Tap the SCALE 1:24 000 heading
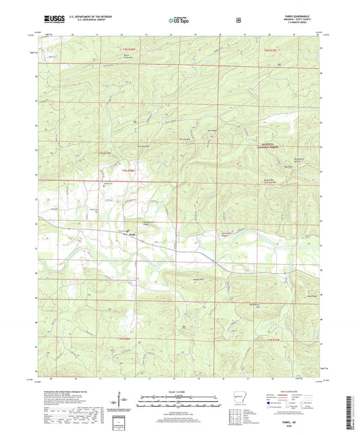click(180, 391)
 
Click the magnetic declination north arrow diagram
click(126, 404)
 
